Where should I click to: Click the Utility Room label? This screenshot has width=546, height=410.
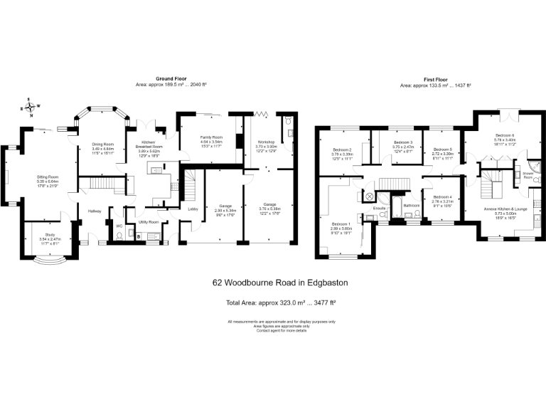click(149, 222)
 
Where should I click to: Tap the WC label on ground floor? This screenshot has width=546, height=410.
click(119, 227)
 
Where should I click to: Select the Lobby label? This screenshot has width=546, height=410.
click(193, 209)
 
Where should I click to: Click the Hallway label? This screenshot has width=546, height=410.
click(95, 211)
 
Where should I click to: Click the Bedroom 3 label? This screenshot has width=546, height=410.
click(403, 142)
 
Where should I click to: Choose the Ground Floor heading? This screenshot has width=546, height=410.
click(171, 78)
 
